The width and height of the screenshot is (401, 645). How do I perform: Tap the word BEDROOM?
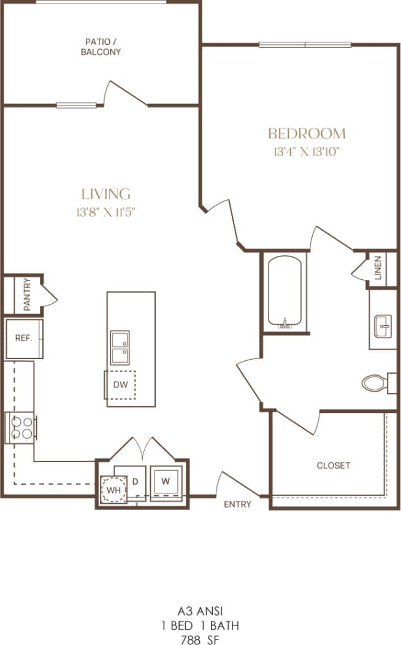point(307,133)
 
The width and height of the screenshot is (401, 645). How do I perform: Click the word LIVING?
point(106,194)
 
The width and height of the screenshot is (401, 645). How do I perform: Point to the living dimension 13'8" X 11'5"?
point(106,212)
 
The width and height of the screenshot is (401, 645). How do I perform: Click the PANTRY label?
point(27,295)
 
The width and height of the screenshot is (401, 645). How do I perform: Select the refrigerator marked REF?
point(24,338)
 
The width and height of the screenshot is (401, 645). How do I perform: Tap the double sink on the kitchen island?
point(120,346)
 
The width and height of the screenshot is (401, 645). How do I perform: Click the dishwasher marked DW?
point(120,385)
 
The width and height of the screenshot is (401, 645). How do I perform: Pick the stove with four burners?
point(20,427)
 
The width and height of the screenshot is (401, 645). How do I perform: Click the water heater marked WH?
point(112,490)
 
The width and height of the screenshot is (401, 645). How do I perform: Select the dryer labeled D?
point(136,481)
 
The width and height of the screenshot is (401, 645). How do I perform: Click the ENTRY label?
point(237,504)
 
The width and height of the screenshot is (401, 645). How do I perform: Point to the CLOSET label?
point(334,465)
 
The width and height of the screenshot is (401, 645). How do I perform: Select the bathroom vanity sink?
point(383,326)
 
